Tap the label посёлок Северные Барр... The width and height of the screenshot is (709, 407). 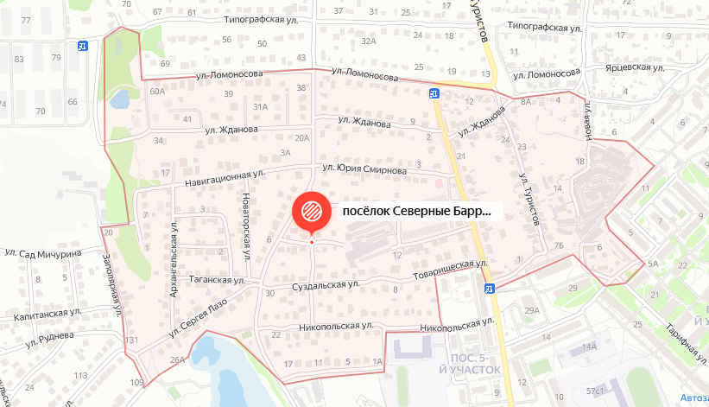[x=417, y=210]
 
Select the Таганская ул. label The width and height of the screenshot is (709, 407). [x=211, y=280]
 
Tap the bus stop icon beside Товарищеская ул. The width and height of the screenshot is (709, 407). [x=490, y=289]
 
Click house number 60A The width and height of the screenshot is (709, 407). [x=156, y=91]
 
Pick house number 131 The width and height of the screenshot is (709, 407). [x=131, y=340]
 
